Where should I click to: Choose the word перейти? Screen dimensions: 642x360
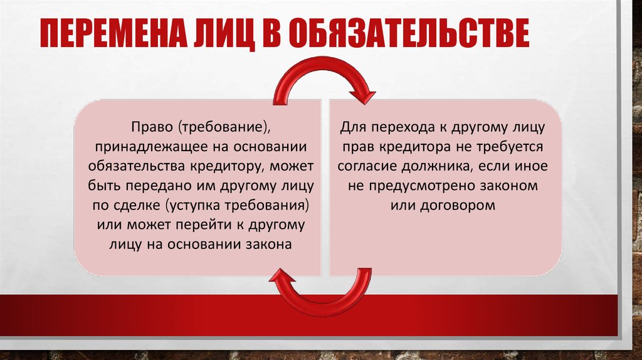pyautogui.click(x=205, y=225)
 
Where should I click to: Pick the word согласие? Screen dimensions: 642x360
pyautogui.click(x=367, y=166)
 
